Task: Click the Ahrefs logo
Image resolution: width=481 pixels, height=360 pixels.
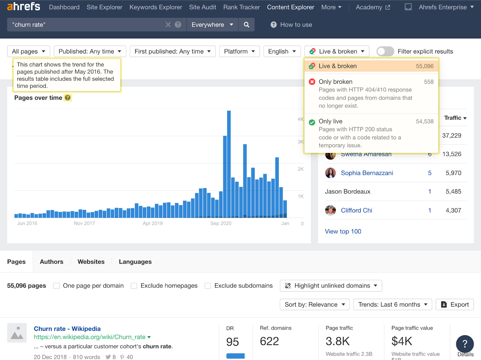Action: click(23, 7)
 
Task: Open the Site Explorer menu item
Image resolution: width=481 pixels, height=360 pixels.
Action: click(104, 7)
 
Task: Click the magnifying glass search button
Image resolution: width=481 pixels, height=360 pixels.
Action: click(247, 25)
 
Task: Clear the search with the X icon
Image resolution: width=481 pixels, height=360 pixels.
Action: click(168, 25)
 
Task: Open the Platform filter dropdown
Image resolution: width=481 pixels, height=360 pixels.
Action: click(239, 51)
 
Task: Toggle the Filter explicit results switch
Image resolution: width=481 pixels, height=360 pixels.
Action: click(385, 51)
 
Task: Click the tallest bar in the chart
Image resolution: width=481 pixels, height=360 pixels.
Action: click(229, 164)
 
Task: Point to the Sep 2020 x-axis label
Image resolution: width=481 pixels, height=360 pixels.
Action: click(221, 223)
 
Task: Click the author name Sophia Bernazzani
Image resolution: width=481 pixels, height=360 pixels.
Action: click(367, 173)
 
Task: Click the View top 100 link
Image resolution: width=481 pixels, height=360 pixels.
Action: click(343, 231)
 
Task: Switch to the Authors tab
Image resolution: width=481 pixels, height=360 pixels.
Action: click(51, 262)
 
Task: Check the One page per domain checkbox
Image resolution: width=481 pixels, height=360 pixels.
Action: click(56, 286)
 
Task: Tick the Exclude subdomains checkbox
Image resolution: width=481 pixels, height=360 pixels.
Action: click(208, 286)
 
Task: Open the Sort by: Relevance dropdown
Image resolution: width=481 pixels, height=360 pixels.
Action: click(314, 304)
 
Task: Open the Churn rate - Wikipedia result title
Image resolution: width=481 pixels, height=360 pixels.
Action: click(67, 329)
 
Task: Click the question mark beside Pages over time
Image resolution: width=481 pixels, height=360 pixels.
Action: click(68, 98)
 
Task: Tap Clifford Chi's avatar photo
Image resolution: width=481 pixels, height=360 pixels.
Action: click(330, 210)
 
